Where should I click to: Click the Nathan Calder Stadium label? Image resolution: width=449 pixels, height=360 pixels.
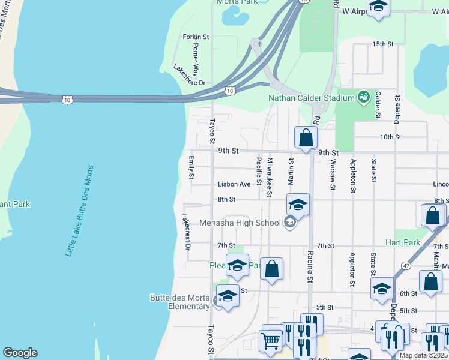coord(311,98)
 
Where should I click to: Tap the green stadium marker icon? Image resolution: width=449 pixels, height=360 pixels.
coord(363,97)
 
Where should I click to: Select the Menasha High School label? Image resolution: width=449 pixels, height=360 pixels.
coord(248,223)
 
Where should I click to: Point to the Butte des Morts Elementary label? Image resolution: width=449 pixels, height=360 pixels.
coord(179,302)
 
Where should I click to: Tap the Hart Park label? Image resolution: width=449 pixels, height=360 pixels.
coord(403,242)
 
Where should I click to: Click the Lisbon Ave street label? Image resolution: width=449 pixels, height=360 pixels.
coord(234,184)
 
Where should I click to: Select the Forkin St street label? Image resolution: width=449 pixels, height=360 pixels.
coord(196,37)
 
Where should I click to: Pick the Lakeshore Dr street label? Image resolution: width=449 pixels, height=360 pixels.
coord(189,75)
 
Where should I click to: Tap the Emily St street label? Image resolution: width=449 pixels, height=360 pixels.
coord(191,167)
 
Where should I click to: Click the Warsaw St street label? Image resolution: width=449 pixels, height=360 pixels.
coord(332,171)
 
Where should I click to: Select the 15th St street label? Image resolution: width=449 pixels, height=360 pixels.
coord(382,44)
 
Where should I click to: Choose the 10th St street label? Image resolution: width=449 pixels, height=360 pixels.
coord(390,137)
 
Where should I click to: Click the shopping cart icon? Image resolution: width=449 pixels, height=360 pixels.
coord(270,340)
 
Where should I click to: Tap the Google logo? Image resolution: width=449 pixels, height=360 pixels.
coord(20,353)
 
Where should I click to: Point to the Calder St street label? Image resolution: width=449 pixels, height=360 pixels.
coord(378,104)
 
